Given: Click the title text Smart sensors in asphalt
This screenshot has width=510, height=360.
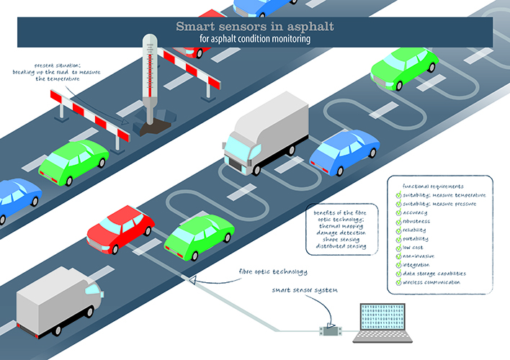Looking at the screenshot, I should tap(254, 27).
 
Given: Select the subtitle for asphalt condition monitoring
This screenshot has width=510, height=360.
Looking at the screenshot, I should tap(254, 40).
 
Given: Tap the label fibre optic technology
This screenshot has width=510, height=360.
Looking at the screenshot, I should tap(273, 271).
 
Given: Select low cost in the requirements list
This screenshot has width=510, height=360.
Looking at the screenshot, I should tap(416, 247).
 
